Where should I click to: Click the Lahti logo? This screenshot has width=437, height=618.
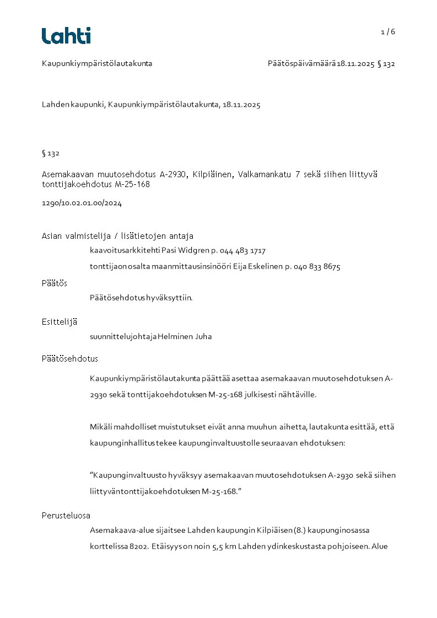pos(66,36)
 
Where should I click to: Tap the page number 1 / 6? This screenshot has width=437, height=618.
pos(388,32)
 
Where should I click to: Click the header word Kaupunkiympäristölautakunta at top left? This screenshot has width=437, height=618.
pos(97,64)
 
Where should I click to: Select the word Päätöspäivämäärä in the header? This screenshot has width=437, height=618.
pos(302,64)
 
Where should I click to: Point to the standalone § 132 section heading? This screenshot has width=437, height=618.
pos(51,154)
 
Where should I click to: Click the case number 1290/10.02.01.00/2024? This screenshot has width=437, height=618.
pos(82,203)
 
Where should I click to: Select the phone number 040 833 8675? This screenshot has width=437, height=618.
pos(317,267)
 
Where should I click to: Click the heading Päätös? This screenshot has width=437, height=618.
pos(55,283)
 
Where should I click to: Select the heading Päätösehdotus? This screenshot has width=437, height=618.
pos(70,359)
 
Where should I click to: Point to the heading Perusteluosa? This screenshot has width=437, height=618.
pos(66,516)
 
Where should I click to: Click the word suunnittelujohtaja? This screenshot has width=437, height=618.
pos(123,337)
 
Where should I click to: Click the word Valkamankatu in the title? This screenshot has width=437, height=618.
pos(262,174)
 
